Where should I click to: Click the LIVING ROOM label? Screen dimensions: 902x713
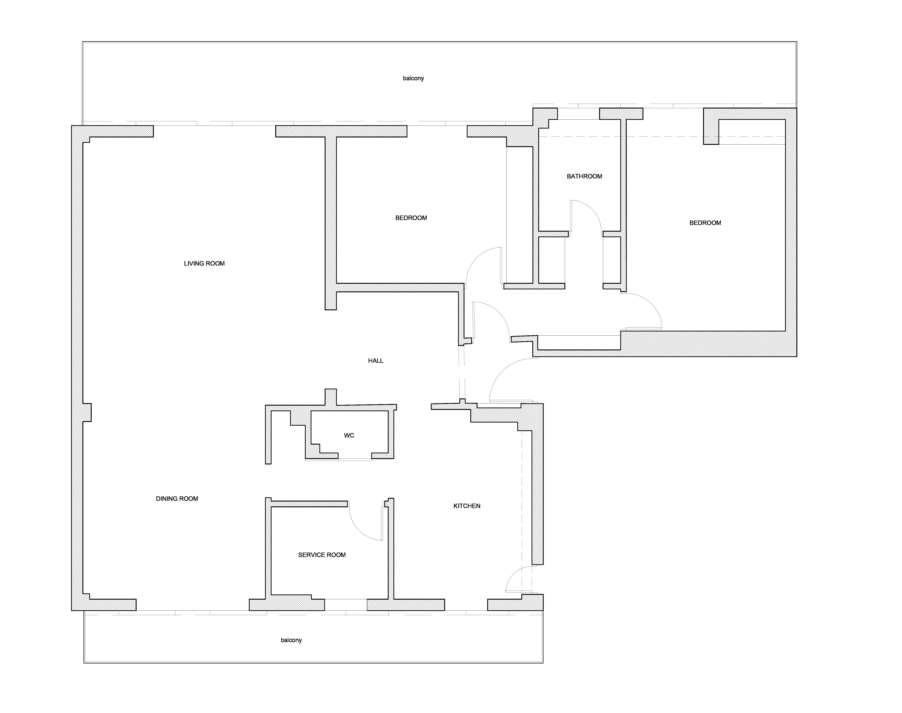click(204, 263)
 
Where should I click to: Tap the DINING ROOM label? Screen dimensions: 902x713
click(177, 498)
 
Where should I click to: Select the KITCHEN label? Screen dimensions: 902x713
click(467, 506)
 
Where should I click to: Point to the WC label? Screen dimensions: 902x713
click(349, 435)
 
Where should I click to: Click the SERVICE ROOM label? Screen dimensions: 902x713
click(322, 555)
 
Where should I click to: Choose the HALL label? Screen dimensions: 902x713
click(376, 361)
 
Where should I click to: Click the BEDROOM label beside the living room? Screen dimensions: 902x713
click(411, 218)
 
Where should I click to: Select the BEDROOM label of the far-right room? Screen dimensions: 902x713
click(705, 223)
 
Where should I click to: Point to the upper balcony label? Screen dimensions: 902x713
click(414, 78)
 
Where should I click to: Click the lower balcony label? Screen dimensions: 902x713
click(291, 640)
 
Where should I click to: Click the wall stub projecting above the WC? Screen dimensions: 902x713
click(331, 397)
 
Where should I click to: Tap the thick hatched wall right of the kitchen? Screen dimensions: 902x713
click(537, 497)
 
